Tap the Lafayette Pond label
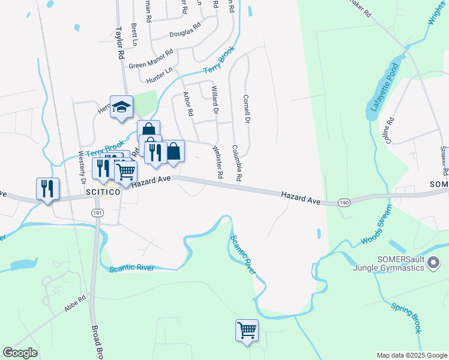pos(376,91)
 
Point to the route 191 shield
pos(97,213)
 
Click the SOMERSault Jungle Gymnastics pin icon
pos(436,263)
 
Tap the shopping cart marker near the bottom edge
pos(247,331)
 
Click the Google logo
pos(20,353)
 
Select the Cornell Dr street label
pos(246,108)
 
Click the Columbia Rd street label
pos(237,163)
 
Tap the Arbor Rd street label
pos(188,104)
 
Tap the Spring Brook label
pos(406,319)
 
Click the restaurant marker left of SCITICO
pos(47,189)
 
